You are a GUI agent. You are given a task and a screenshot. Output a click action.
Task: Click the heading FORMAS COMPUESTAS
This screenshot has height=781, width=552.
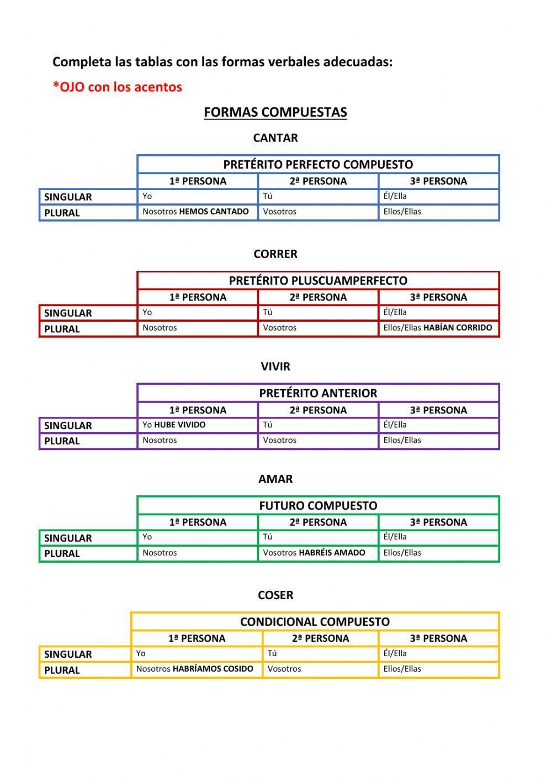(275, 112)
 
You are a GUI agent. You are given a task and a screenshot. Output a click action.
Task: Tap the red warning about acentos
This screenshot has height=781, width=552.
(117, 87)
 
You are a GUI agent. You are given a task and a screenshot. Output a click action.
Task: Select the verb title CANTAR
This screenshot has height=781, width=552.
(275, 138)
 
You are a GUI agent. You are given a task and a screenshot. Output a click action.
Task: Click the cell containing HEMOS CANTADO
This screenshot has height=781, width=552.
(197, 212)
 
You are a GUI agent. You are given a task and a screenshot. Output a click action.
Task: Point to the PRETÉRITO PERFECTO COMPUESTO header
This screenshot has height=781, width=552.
(318, 164)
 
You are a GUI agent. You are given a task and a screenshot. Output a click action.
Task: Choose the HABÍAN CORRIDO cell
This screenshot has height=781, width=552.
(438, 328)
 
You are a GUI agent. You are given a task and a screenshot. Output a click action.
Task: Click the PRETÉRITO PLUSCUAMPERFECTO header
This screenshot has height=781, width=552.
(318, 280)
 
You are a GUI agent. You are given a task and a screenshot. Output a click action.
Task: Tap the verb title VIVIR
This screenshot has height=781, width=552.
(275, 366)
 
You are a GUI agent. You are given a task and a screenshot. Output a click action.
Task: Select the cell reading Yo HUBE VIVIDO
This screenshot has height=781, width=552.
(197, 425)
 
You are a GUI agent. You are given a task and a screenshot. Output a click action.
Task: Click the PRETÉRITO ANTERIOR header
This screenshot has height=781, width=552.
(318, 393)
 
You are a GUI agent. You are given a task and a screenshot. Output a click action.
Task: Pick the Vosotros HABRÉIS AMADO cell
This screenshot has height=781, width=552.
(317, 553)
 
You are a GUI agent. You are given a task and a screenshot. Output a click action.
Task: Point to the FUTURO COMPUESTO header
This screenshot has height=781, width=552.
(318, 506)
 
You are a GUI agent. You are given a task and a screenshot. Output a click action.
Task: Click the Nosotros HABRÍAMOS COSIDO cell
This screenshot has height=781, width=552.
(196, 669)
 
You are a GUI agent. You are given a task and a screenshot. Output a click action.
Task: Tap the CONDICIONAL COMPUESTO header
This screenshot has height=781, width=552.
(315, 622)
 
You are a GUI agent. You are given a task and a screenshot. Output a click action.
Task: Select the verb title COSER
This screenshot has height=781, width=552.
(275, 595)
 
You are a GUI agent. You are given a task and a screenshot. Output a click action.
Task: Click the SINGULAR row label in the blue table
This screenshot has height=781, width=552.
(68, 197)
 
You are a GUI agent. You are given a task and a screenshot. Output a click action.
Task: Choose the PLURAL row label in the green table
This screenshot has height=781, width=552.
(62, 553)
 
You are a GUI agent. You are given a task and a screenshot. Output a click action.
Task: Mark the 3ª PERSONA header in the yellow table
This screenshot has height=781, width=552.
(438, 638)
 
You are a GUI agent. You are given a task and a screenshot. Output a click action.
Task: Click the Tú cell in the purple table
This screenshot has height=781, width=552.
(317, 425)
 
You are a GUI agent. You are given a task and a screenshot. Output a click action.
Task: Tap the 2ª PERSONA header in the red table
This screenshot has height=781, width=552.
(318, 297)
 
